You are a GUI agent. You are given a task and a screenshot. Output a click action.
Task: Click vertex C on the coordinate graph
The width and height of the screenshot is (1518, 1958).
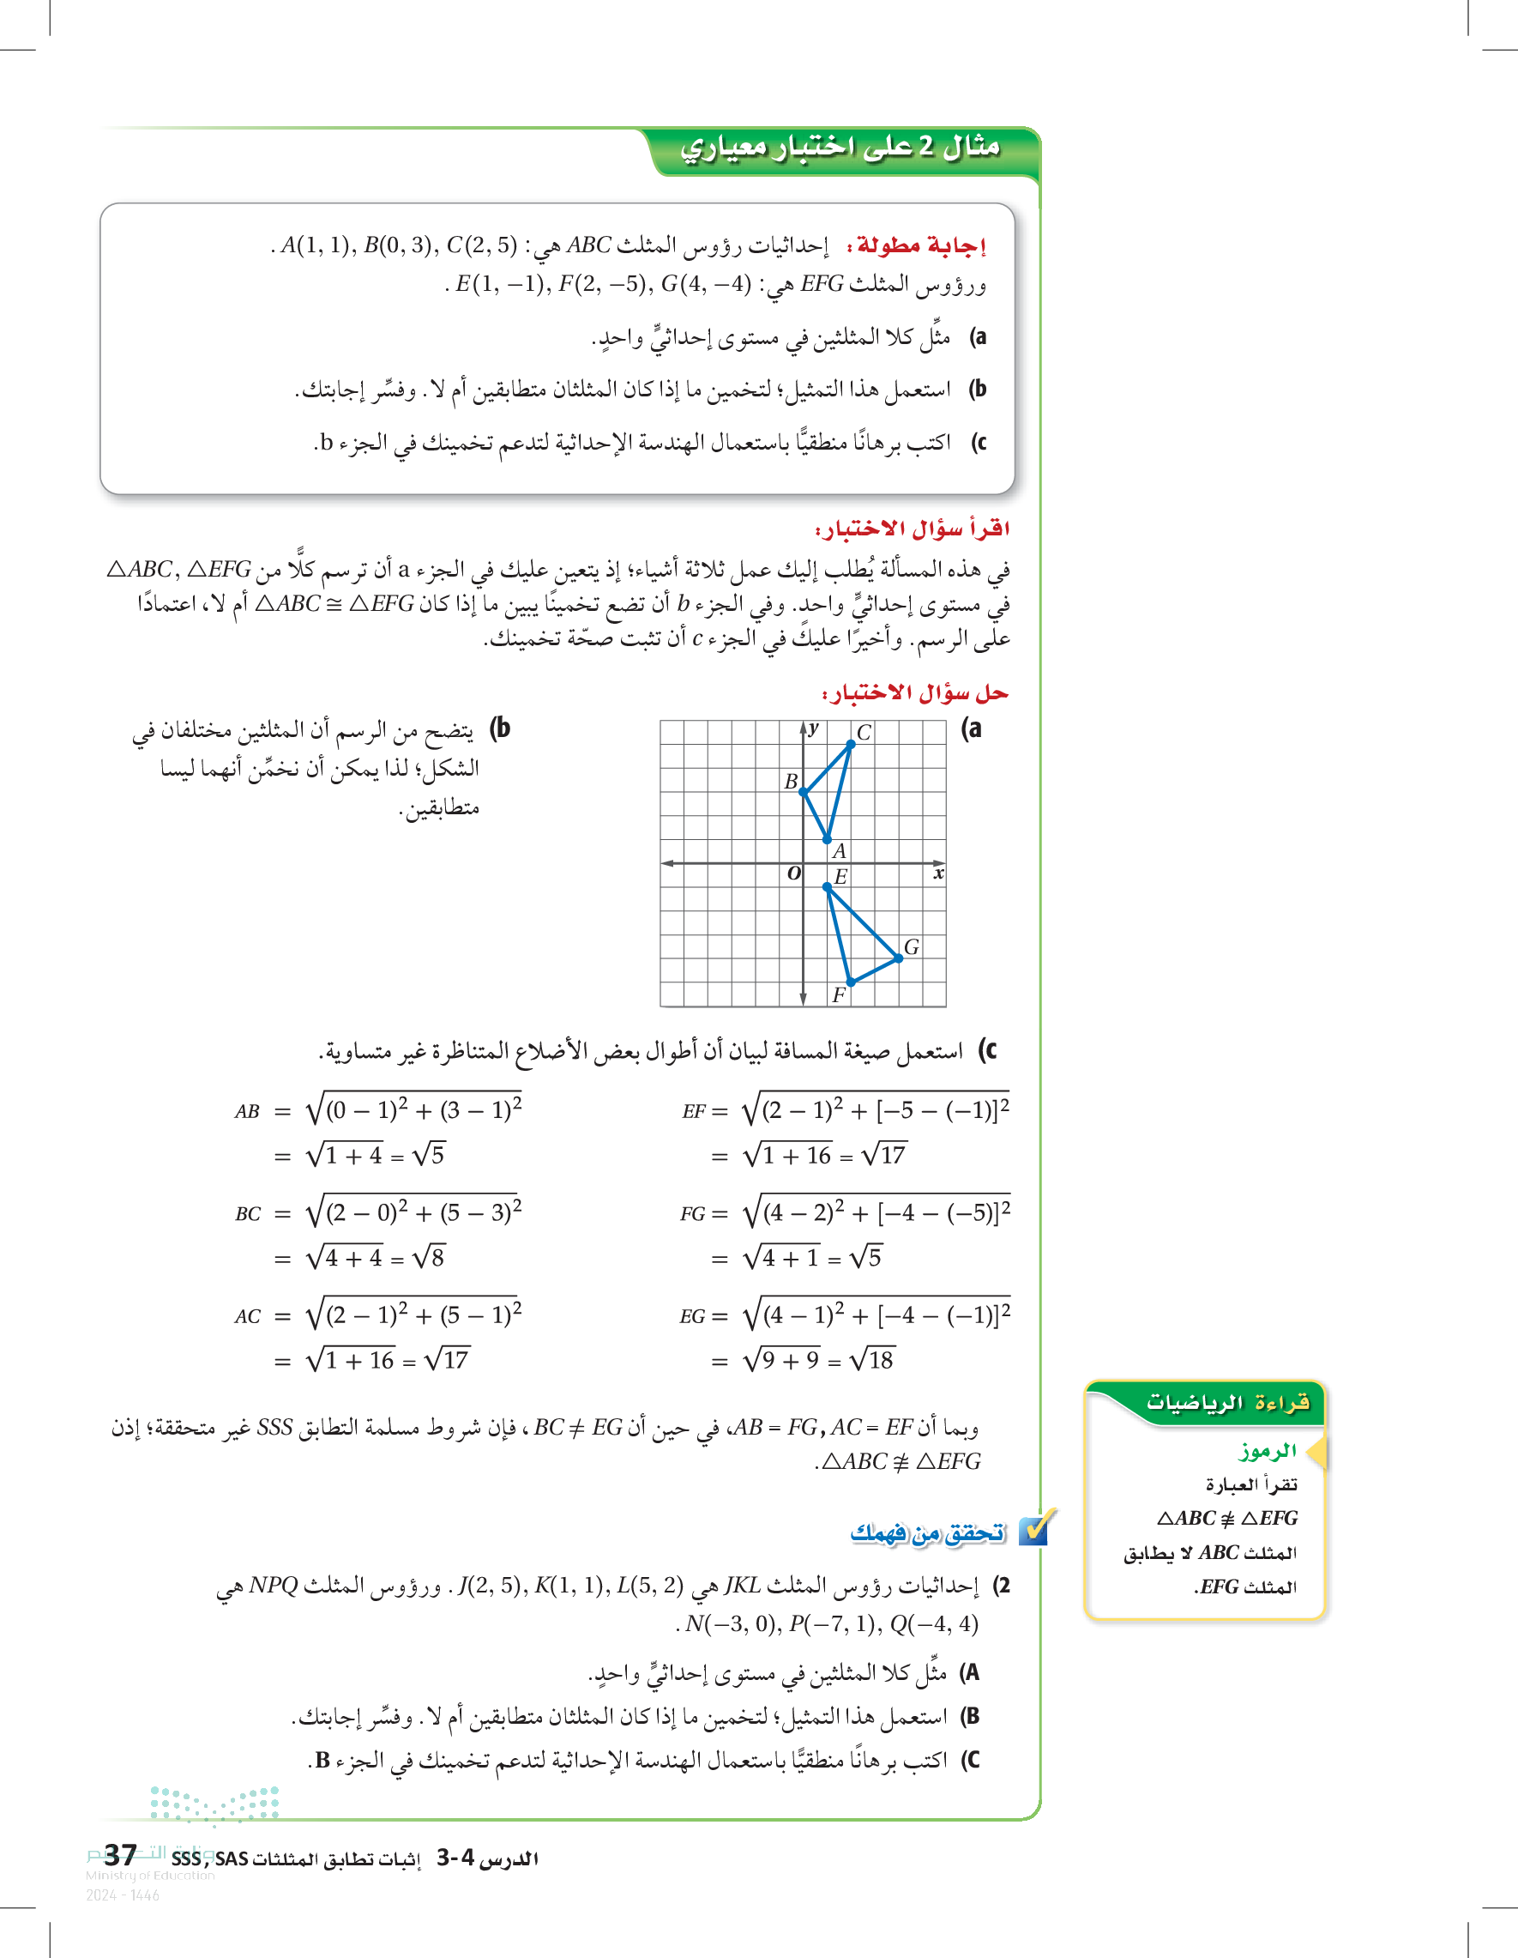click(x=851, y=744)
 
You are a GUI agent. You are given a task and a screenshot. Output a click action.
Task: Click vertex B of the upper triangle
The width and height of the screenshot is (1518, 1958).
click(x=804, y=792)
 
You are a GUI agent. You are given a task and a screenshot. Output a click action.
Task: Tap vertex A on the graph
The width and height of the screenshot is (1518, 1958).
click(x=827, y=839)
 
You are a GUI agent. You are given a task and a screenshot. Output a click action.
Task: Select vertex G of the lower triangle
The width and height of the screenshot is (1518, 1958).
click(x=899, y=958)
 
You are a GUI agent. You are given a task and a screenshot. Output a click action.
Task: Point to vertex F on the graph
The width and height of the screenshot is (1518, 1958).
click(x=851, y=982)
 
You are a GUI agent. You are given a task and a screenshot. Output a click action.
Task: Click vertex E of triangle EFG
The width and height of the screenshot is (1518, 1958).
click(x=827, y=886)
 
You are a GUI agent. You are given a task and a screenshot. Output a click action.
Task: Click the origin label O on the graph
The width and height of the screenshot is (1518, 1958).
click(x=793, y=873)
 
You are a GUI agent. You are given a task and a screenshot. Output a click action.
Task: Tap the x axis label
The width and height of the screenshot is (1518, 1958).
click(x=937, y=873)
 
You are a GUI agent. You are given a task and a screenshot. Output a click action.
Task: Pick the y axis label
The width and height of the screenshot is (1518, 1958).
click(x=813, y=728)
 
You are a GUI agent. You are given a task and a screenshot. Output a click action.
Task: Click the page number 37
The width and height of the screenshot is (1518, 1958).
click(x=120, y=1855)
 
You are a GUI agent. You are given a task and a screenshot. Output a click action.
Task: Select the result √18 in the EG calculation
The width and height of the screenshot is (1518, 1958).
click(x=871, y=1361)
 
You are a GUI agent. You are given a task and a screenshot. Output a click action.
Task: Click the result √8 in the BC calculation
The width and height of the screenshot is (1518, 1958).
click(x=428, y=1258)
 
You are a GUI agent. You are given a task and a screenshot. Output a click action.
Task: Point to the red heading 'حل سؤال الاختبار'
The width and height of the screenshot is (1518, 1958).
click(x=915, y=693)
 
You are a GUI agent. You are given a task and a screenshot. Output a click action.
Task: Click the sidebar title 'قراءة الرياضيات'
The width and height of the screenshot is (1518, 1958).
click(x=1227, y=1402)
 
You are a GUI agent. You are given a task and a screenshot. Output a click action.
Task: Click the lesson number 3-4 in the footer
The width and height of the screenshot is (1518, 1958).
click(x=455, y=1858)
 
